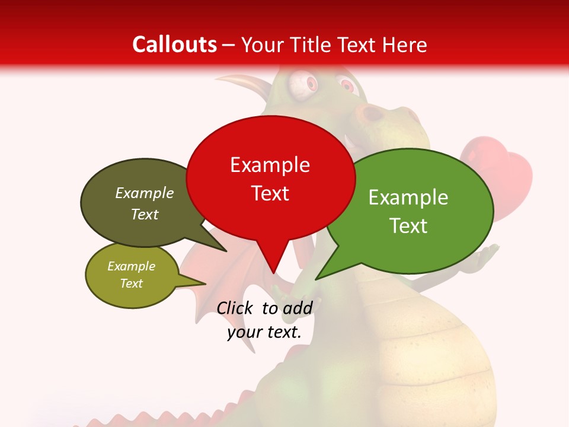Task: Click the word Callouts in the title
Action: coord(174,44)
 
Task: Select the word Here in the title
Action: coord(403,44)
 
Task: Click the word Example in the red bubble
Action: coord(270,165)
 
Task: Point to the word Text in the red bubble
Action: coord(270,193)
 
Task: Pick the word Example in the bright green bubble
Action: coord(408,197)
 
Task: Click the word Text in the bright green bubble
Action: coord(408,226)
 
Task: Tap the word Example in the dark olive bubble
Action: coord(145,193)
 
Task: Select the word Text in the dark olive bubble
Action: coord(145,214)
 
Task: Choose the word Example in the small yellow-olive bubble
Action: coord(131,266)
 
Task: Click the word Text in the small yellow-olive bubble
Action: coord(131,283)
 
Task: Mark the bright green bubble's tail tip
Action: coord(316,279)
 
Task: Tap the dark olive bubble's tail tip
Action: coord(226,251)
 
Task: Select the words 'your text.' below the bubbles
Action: coord(264,332)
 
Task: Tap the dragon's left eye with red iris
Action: coord(301,85)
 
